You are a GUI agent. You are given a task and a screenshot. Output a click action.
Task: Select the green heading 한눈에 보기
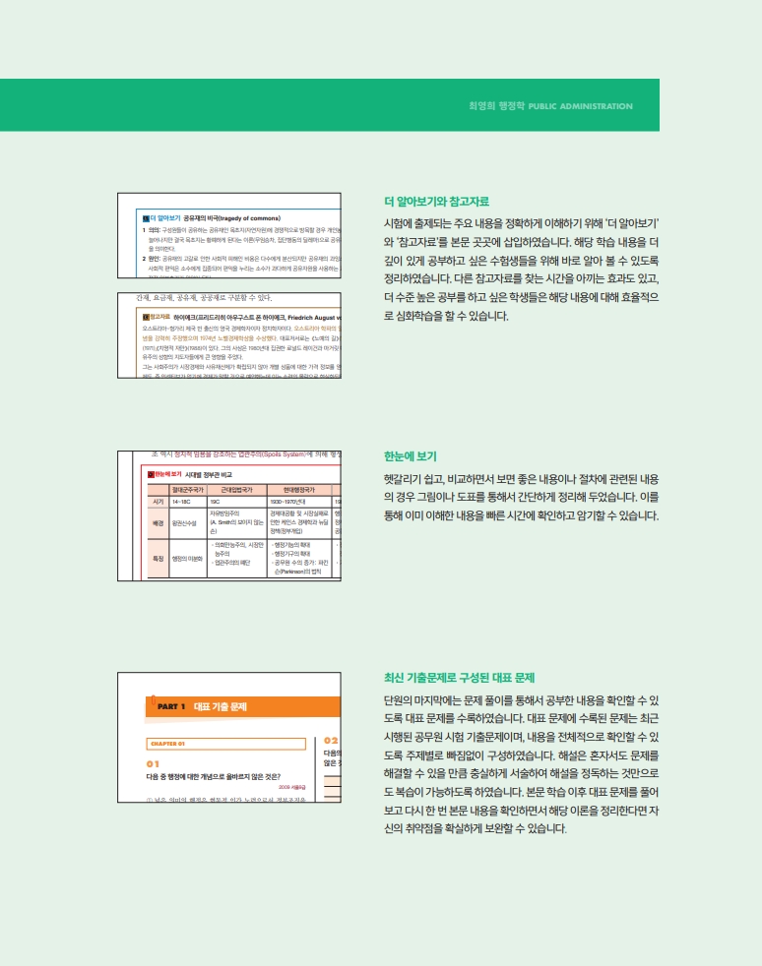(411, 456)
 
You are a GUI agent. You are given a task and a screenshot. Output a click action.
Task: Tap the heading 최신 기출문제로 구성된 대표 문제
(458, 678)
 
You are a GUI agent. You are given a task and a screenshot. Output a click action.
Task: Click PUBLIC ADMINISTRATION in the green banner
(581, 106)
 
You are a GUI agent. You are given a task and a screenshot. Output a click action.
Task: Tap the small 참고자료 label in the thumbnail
(159, 317)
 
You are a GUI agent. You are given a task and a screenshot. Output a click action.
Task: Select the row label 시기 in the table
(158, 501)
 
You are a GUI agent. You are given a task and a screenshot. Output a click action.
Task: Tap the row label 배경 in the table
(158, 523)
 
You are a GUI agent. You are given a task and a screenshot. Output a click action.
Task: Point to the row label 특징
(158, 559)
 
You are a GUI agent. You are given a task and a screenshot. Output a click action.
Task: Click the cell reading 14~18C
(181, 501)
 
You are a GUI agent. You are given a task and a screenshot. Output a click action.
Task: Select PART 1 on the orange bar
(170, 706)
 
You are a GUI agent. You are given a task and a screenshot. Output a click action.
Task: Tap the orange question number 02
(331, 740)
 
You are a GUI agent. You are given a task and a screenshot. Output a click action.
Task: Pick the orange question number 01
(153, 763)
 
